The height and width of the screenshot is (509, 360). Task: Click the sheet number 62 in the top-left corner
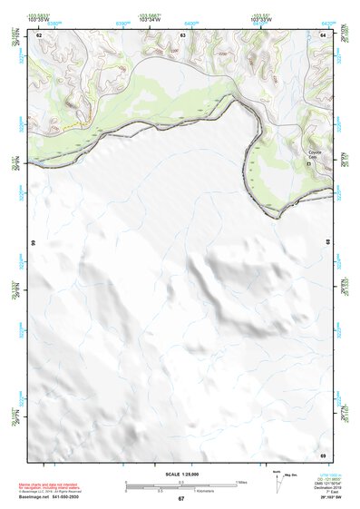(39, 34)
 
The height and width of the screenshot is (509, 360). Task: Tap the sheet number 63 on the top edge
(183, 34)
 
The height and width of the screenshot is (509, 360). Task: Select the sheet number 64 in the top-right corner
(324, 34)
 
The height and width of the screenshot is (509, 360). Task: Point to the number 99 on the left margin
(34, 244)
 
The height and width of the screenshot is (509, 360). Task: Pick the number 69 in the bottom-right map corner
(324, 453)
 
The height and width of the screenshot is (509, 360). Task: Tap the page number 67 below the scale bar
(181, 499)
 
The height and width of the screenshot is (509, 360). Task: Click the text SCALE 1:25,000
(181, 474)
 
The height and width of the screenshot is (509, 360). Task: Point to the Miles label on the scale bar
(241, 482)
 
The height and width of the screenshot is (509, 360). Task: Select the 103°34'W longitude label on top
(151, 20)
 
